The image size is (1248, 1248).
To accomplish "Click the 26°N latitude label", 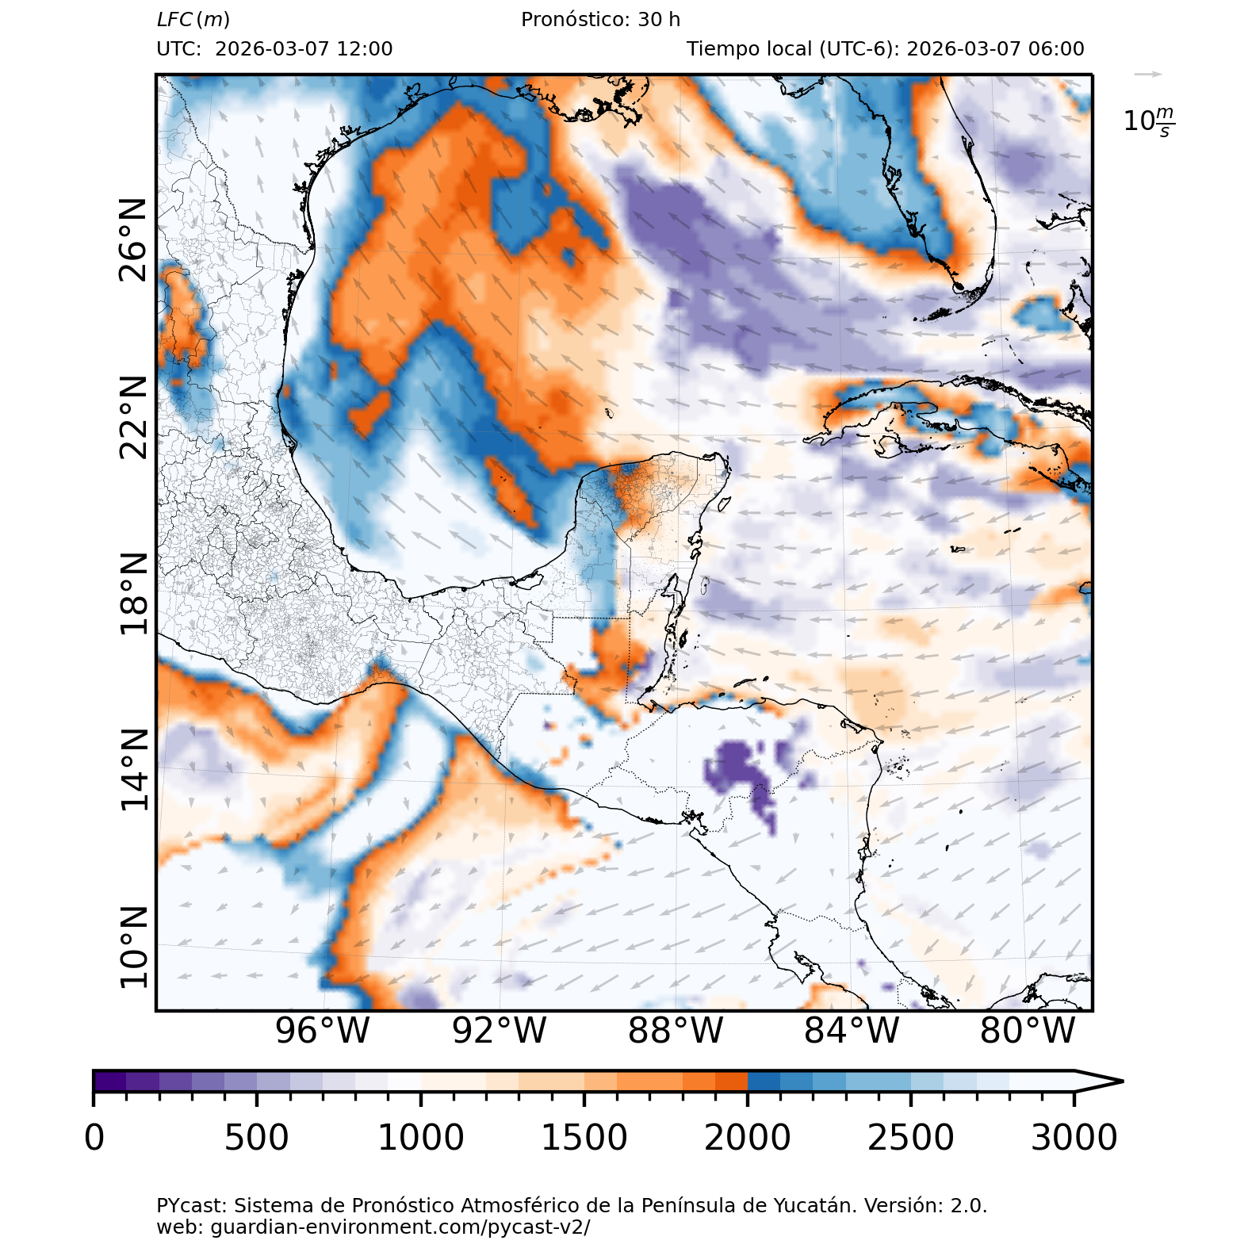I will tap(133, 240).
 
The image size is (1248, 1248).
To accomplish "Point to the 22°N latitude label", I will tap(133, 418).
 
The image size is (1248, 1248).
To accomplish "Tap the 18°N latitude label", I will tap(133, 595).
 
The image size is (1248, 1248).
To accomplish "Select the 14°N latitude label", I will tap(133, 771).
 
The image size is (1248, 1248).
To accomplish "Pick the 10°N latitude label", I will tap(133, 947).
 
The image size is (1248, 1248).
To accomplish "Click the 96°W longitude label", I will tap(322, 1031).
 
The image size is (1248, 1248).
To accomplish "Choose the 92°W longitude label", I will tap(499, 1031).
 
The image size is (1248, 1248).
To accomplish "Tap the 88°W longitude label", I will tap(676, 1031).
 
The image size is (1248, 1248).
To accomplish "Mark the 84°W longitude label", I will tap(852, 1031).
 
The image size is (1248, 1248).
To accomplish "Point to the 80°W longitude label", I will tap(1028, 1031).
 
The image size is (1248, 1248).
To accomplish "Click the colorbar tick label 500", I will tap(256, 1138).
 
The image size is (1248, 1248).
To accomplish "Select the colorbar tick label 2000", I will tap(747, 1138).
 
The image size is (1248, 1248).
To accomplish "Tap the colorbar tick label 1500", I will tap(584, 1138).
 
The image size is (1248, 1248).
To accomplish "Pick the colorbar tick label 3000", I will tap(1074, 1138).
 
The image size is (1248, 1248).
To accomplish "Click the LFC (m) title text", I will tap(193, 20).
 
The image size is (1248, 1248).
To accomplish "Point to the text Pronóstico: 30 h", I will tap(600, 20).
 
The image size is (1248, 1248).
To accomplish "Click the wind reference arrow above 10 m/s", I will tap(1148, 75).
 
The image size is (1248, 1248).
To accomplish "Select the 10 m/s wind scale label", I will tap(1149, 121).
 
